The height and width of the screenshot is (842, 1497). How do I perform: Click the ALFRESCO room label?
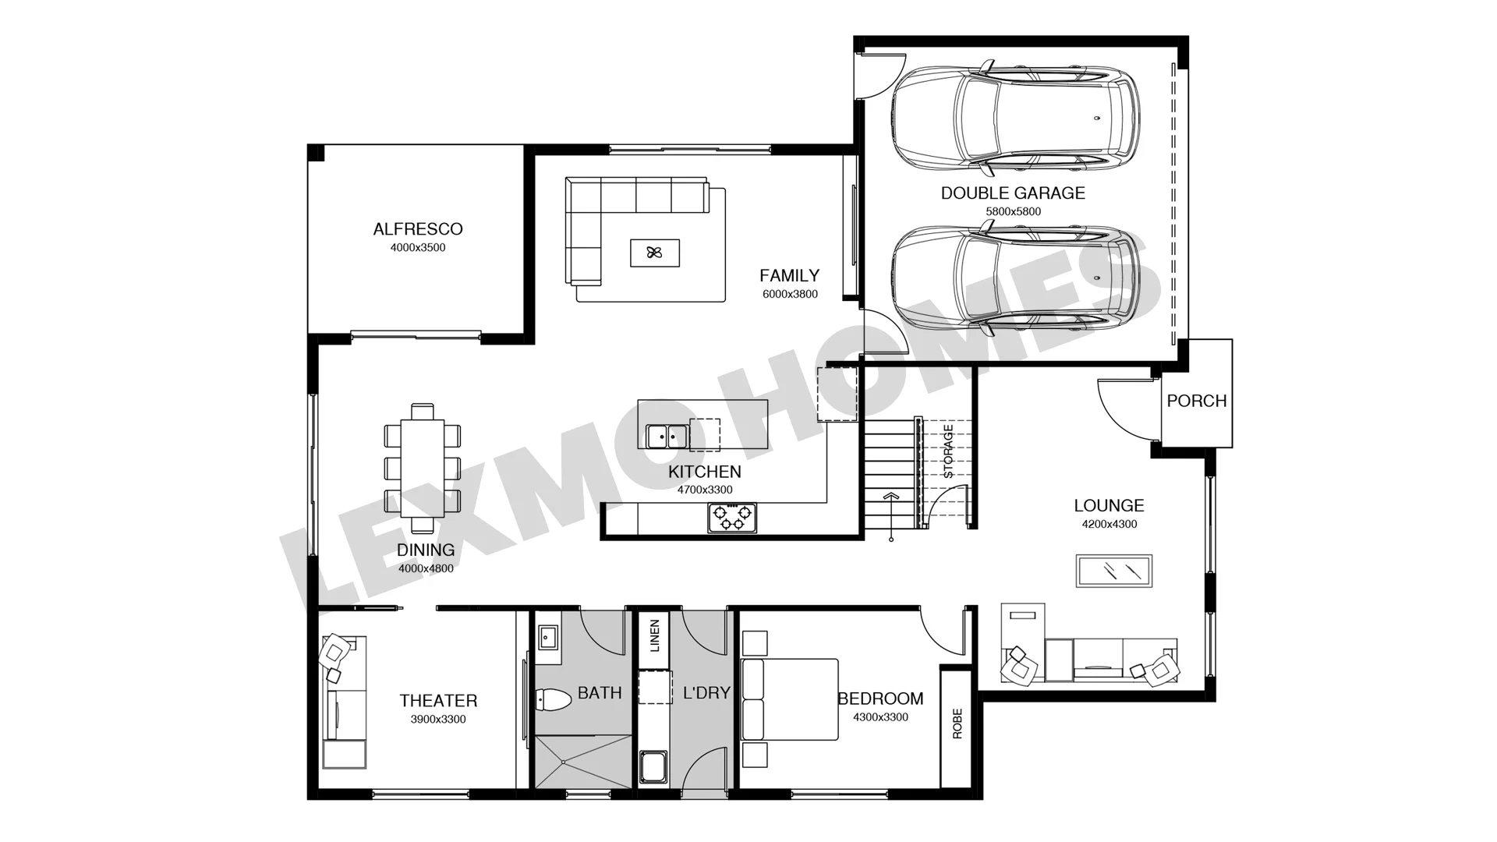[x=418, y=229]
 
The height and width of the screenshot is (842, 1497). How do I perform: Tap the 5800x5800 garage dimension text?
[x=1013, y=212]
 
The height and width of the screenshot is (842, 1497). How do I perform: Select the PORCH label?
[x=1197, y=401]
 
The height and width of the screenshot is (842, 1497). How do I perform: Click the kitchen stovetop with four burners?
[x=732, y=518]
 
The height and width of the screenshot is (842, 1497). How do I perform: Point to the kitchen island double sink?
[x=667, y=437]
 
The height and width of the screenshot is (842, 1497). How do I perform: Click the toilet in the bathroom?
[x=555, y=699]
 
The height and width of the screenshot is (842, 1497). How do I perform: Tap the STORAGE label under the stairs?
[x=948, y=451]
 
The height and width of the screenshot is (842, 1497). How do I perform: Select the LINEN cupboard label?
[x=654, y=635]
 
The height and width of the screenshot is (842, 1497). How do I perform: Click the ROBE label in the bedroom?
[x=957, y=723]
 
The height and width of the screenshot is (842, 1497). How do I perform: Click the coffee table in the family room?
[x=655, y=253]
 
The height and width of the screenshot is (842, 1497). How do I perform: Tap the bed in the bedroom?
[x=789, y=699]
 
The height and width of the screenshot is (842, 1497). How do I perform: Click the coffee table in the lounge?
[x=1114, y=571]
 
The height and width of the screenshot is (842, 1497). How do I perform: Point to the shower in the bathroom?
[x=582, y=762]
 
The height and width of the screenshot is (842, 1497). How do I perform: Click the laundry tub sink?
[x=653, y=766]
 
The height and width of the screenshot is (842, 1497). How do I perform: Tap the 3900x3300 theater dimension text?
[x=438, y=720]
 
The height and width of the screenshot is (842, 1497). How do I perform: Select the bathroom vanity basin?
[x=547, y=637]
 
